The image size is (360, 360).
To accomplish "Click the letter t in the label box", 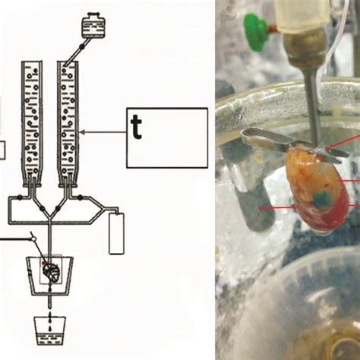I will point(137,127).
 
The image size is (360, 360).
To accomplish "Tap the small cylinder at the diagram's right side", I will point(116,232).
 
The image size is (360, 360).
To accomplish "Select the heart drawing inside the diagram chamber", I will point(51,271).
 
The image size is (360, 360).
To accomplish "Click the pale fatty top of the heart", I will point(308,163).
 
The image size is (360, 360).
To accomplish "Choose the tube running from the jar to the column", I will point(77,49).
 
